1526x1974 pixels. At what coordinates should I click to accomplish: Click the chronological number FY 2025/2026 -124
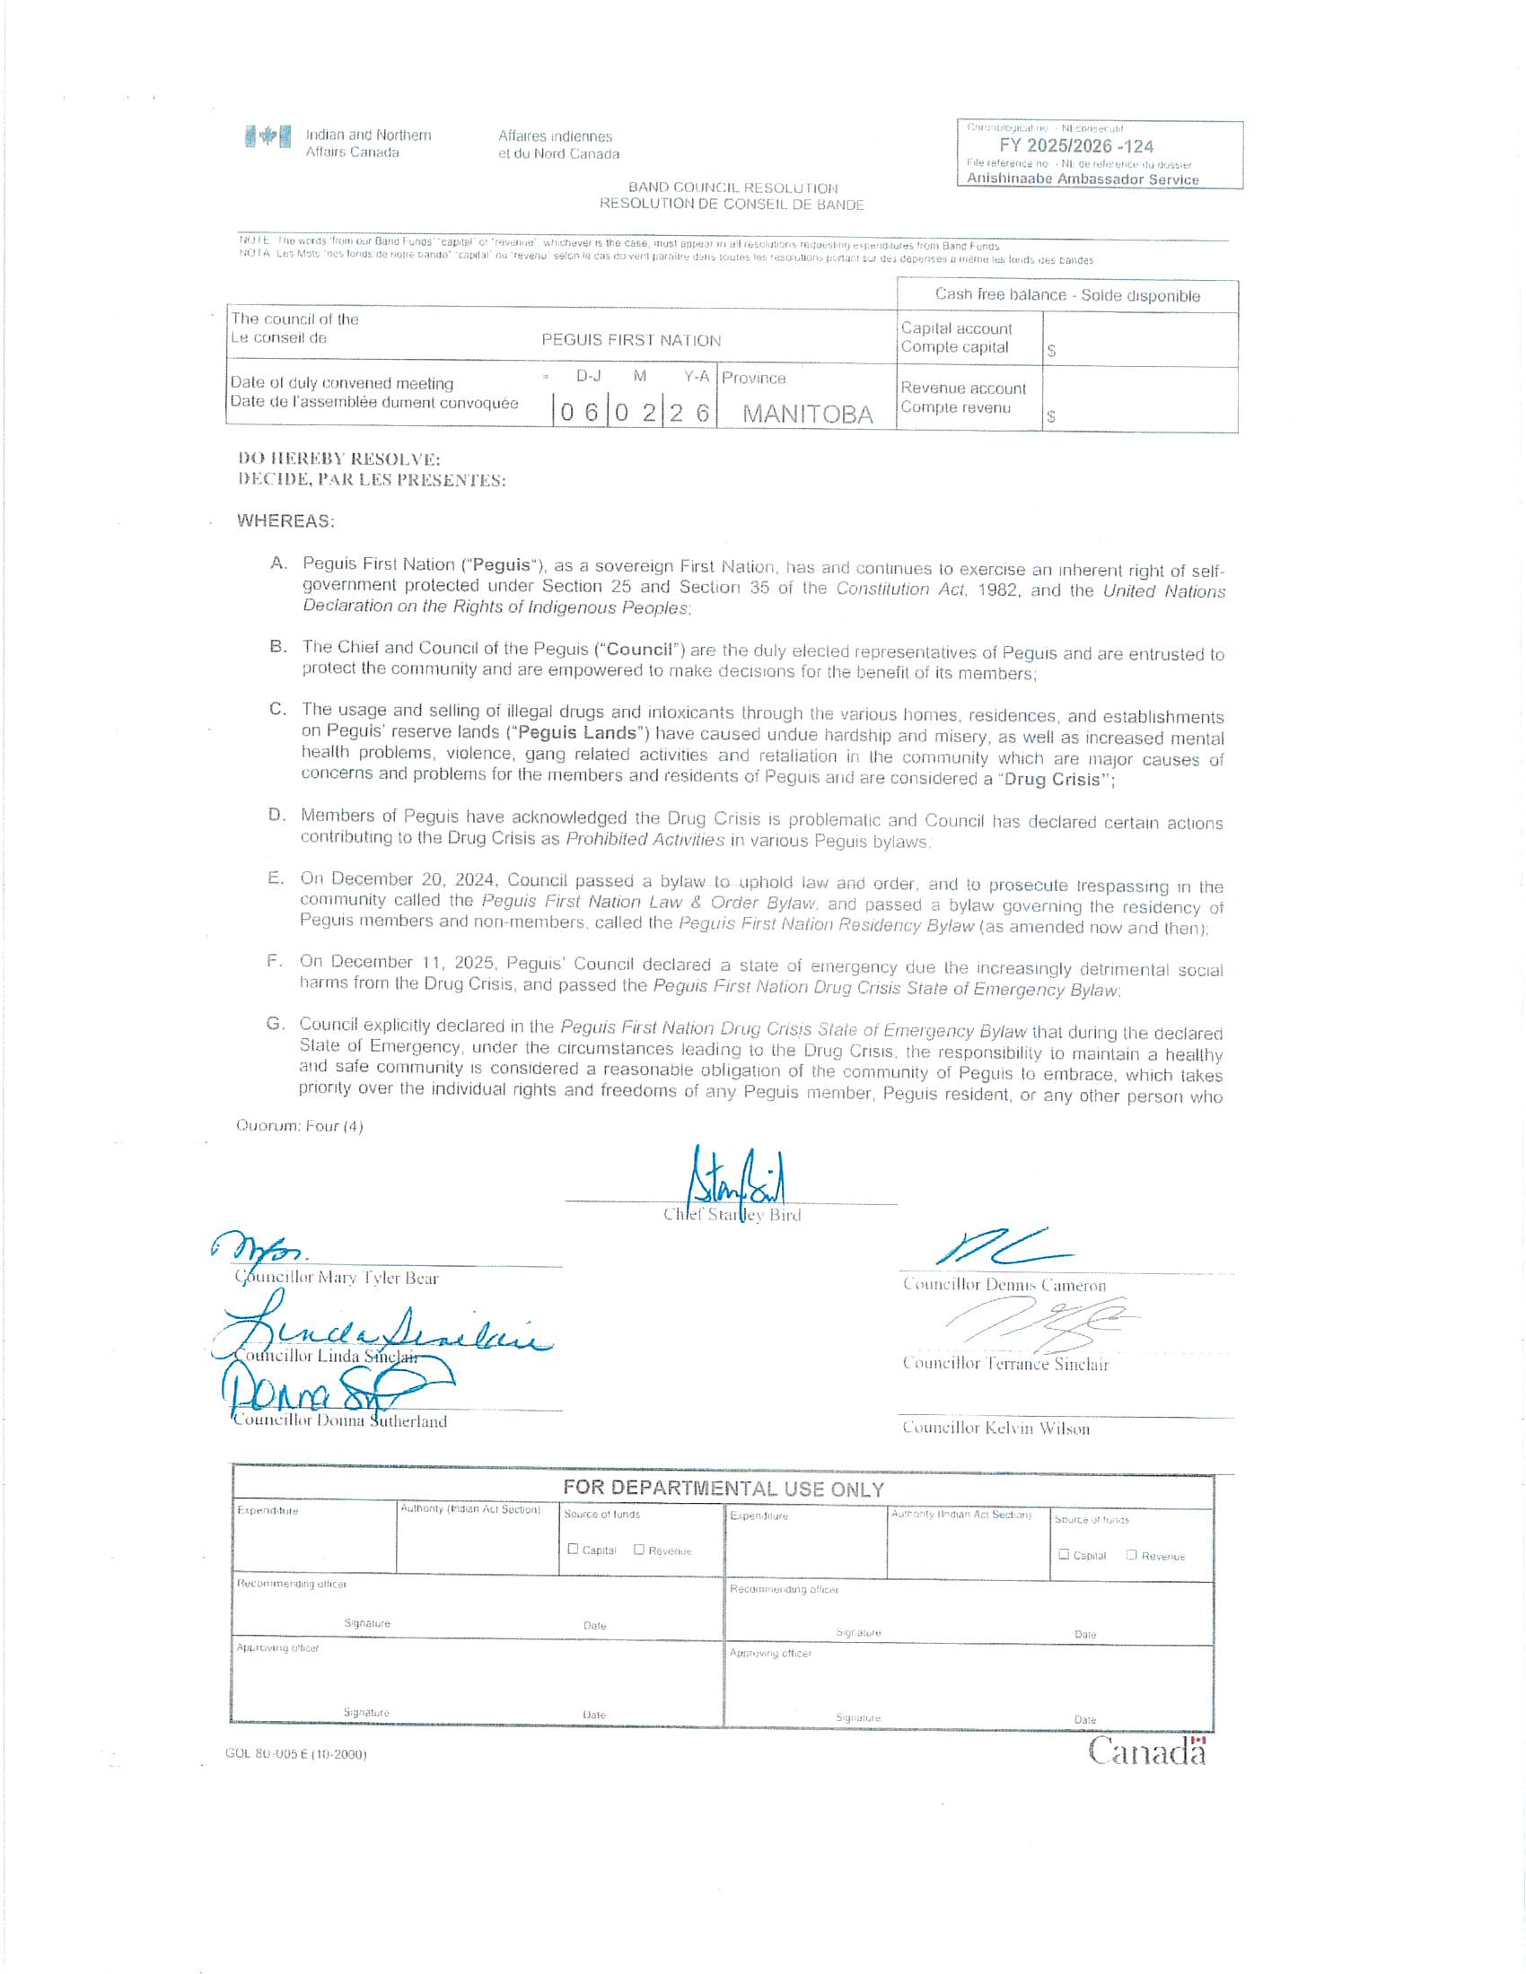coord(1075,145)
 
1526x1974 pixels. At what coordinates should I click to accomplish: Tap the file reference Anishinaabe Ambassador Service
coord(1083,179)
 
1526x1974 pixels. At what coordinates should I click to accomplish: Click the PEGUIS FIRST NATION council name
coord(631,341)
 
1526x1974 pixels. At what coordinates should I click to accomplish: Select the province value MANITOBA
coord(807,414)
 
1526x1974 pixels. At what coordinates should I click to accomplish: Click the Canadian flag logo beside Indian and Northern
coord(267,136)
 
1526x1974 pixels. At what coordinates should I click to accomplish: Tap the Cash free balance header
coord(1066,295)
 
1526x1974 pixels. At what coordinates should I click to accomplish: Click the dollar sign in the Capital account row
coord(1051,350)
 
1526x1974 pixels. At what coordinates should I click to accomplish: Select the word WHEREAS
coord(285,520)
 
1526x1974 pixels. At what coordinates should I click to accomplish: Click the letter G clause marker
coord(274,1023)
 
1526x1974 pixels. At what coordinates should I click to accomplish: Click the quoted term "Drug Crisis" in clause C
coord(1054,779)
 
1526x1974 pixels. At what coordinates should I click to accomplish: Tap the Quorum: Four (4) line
coord(299,1125)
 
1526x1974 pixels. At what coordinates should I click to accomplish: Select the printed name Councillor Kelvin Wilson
coord(995,1428)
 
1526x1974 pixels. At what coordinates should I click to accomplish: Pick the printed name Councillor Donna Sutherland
coord(340,1421)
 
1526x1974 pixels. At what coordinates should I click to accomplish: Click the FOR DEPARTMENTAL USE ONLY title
coord(724,1488)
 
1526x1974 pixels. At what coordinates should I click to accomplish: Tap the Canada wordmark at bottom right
coord(1146,1751)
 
